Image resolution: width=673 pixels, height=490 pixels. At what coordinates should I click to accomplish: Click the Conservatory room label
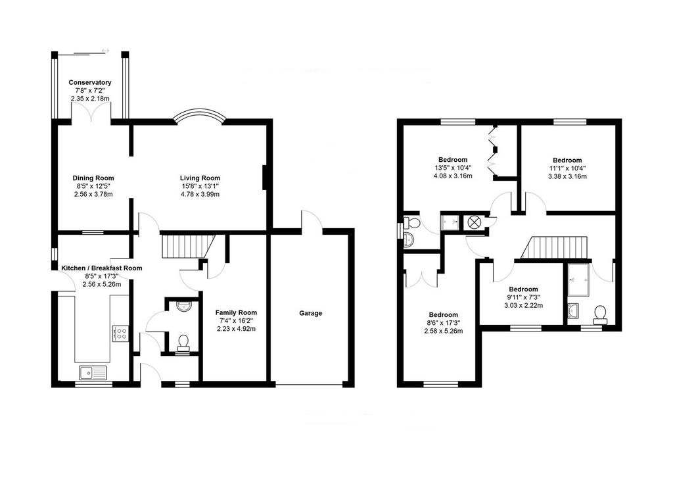coord(89,82)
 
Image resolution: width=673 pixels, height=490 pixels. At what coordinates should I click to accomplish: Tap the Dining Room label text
coord(93,178)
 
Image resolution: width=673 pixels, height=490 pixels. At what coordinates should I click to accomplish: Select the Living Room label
coord(200,178)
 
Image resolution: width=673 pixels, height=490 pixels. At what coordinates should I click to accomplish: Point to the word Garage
coord(311,313)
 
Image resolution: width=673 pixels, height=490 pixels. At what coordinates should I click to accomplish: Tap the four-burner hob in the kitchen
coord(120,333)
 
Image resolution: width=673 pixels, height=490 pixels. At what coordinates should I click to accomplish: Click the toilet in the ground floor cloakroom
coord(184,341)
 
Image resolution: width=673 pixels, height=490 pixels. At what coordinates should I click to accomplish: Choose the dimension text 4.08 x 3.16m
coord(453,176)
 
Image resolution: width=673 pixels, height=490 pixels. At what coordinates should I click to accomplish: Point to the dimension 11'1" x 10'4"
coord(567,168)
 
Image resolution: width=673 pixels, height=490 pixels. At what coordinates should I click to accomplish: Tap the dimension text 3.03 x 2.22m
coord(523,305)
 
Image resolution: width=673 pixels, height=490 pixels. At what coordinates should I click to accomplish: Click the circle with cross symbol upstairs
coord(474,222)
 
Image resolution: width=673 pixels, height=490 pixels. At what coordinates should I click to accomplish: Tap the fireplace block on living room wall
coord(264,178)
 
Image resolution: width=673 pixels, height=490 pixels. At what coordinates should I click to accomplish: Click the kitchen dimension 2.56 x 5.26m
coord(101,284)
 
